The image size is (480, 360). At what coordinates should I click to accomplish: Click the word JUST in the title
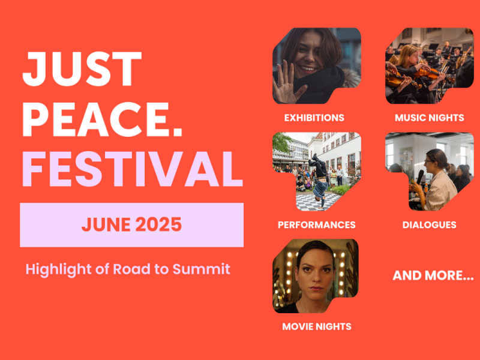[x=82, y=69]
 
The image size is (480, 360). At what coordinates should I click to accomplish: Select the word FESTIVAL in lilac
[x=133, y=169]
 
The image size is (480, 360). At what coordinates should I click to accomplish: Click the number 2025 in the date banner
[x=158, y=224]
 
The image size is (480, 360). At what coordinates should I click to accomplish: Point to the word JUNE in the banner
[x=106, y=224]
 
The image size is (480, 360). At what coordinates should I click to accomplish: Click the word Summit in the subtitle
[x=201, y=269]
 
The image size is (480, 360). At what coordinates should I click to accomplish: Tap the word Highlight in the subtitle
[x=58, y=269]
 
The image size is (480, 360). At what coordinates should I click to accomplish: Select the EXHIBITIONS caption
[x=314, y=118]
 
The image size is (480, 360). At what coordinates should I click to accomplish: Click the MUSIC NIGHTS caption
[x=430, y=118]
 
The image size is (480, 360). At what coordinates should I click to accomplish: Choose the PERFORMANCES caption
[x=317, y=225]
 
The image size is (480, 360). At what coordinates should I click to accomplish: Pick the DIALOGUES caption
[x=429, y=225]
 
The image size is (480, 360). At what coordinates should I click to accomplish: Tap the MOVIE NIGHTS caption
[x=317, y=326]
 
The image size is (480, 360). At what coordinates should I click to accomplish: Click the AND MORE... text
[x=433, y=275]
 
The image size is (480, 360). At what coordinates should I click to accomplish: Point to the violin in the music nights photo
[x=428, y=73]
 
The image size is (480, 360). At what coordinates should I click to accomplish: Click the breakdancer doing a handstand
[x=319, y=181]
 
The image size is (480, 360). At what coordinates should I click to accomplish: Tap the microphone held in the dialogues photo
[x=419, y=178]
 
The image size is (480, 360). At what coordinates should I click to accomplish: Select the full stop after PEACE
[x=178, y=131]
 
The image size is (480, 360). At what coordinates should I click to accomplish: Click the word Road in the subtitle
[x=131, y=269]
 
